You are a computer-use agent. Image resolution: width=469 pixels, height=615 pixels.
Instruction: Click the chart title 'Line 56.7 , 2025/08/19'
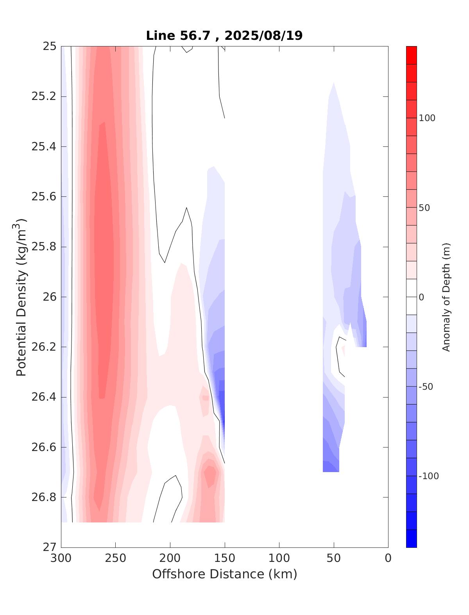tap(224, 36)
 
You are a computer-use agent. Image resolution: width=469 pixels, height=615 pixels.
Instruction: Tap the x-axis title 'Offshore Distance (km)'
tap(224, 574)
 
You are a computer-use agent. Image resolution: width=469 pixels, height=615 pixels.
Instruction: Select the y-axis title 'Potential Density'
tap(21, 297)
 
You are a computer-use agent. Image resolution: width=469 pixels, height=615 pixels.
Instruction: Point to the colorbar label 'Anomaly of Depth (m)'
tap(446, 297)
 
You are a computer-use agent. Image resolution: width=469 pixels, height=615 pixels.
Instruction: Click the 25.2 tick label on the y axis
tap(43, 96)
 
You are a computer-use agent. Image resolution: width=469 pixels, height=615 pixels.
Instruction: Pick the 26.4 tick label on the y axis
tap(43, 397)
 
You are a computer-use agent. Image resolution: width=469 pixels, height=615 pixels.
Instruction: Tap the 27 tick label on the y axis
tap(49, 547)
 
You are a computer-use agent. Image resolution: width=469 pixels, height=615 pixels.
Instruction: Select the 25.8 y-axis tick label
tap(43, 247)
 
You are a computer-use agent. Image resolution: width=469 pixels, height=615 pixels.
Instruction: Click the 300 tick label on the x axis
tap(61, 558)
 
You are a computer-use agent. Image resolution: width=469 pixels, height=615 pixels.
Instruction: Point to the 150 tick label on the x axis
tap(225, 558)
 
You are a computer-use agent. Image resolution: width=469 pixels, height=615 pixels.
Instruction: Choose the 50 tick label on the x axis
tap(334, 558)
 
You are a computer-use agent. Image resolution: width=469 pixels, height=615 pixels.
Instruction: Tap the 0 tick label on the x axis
tap(388, 558)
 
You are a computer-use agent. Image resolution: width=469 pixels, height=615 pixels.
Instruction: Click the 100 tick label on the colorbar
tap(427, 118)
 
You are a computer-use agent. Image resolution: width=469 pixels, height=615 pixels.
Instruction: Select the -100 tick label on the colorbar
tap(428, 476)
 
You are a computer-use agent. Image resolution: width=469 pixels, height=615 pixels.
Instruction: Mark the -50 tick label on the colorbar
tap(426, 387)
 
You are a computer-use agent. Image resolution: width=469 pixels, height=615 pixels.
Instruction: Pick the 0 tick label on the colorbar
tap(421, 297)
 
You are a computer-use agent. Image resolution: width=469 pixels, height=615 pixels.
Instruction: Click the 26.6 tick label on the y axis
tap(43, 447)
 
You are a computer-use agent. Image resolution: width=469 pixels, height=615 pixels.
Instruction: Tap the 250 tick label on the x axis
tap(116, 558)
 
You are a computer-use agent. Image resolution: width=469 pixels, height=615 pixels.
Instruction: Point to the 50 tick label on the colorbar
tap(424, 208)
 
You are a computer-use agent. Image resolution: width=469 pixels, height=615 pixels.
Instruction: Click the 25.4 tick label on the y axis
tap(43, 147)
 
